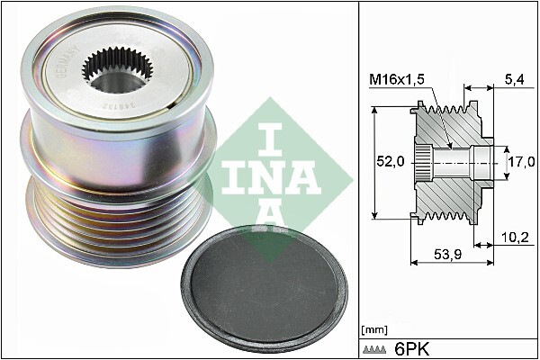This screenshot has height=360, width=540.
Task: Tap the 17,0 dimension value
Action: coord(521,163)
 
